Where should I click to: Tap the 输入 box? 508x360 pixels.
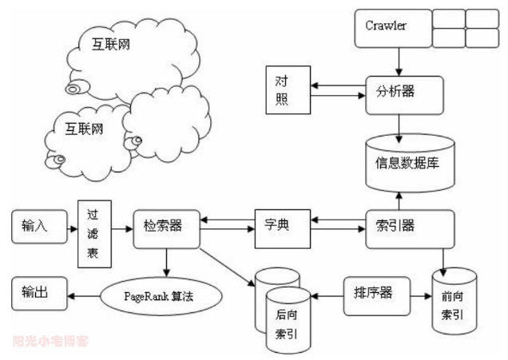coord(35,226)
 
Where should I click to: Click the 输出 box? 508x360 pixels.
coord(35,292)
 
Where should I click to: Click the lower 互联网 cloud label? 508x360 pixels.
coord(83,128)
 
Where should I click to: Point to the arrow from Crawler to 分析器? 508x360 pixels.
coord(397,58)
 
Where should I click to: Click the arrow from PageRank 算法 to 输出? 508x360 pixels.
coord(85,295)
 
